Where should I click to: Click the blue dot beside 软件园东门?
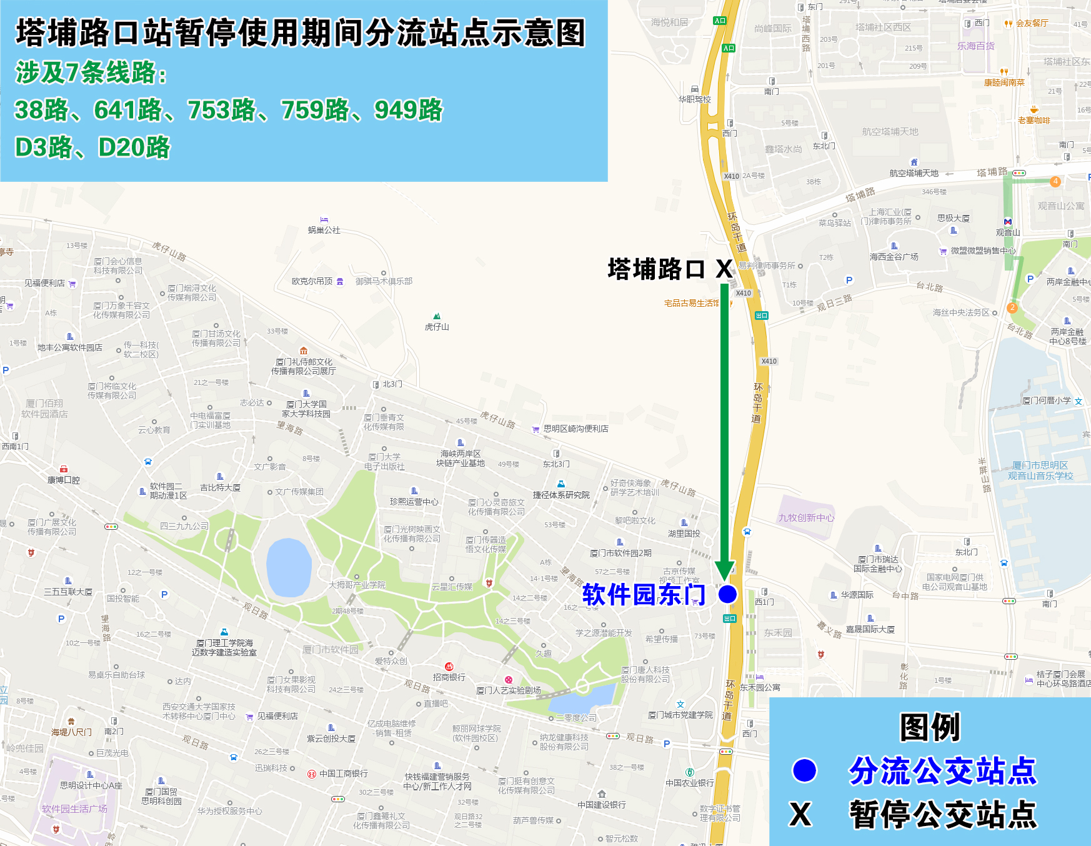coord(727,594)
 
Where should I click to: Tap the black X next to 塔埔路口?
coord(724,269)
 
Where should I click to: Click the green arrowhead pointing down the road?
coord(725,570)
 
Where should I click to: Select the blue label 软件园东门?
coord(644,595)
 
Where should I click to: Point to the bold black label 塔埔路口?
coord(656,269)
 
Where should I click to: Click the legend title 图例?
coord(930,727)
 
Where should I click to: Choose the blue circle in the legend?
coord(804,770)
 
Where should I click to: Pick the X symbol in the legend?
coord(800,814)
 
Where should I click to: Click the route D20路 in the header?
coord(134,148)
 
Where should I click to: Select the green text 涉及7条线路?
coord(91,73)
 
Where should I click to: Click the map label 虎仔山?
coord(437,327)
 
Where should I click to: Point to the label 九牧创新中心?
coord(806,517)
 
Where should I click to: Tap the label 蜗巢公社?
coord(324,230)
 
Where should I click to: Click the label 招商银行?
coord(449,677)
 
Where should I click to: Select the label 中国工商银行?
coord(343,774)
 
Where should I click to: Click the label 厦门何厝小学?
coord(1047,401)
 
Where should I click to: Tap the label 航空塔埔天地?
coord(914,173)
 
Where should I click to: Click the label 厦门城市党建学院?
coord(680,715)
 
